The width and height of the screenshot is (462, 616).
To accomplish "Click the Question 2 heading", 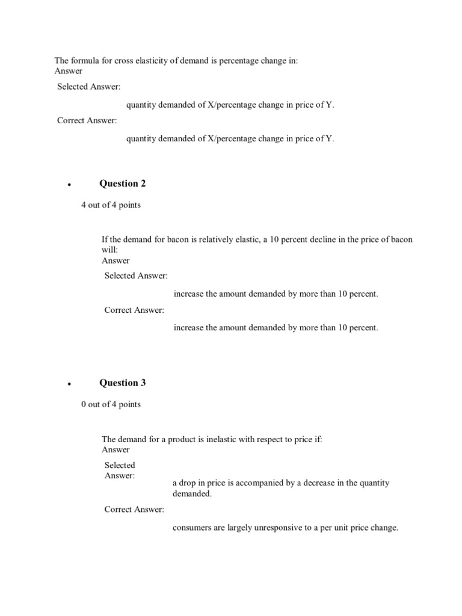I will tap(122, 183).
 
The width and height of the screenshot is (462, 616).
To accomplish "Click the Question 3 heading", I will tap(122, 383).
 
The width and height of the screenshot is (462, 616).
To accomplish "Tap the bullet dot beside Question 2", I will tap(70, 185).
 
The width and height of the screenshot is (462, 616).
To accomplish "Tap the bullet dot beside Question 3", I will tap(70, 384).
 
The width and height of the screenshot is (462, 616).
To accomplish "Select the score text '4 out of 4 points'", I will tap(111, 205).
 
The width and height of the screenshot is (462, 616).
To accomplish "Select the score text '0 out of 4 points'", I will tap(111, 404).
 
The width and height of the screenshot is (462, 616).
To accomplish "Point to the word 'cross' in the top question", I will tap(124, 61).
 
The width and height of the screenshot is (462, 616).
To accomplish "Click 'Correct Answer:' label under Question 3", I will tap(134, 510).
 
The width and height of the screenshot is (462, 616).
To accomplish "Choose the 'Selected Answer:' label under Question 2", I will tap(136, 276).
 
